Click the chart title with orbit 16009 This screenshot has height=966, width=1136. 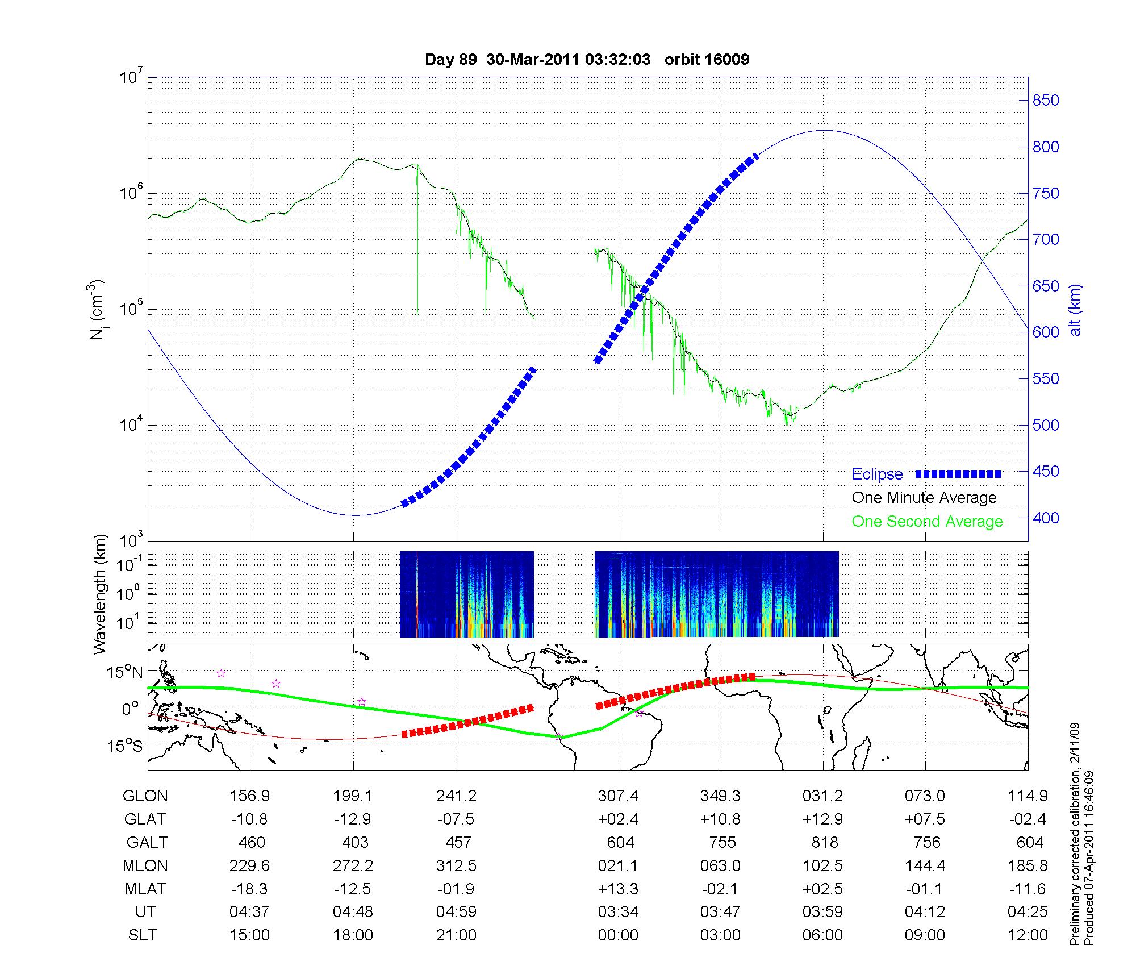[587, 59]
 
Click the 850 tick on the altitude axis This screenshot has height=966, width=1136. [1046, 101]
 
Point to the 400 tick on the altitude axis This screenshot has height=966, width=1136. [1046, 518]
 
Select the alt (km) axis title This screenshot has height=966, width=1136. [1075, 310]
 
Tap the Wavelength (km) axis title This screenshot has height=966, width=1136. [101, 594]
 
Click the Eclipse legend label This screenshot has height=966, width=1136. [877, 474]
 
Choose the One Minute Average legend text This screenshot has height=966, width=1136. [924, 498]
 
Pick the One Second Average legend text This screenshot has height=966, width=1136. [927, 522]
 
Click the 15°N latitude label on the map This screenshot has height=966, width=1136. [125, 672]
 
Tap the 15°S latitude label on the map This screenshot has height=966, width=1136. [125, 745]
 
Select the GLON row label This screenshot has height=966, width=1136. [145, 796]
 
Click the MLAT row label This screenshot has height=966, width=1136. [145, 889]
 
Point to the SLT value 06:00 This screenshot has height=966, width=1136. [822, 935]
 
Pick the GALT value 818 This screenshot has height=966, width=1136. [824, 843]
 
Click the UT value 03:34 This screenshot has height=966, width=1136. [618, 912]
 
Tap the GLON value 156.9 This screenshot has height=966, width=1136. [249, 796]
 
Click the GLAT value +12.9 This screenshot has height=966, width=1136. [822, 819]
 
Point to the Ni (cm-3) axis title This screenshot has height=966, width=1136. [97, 310]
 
